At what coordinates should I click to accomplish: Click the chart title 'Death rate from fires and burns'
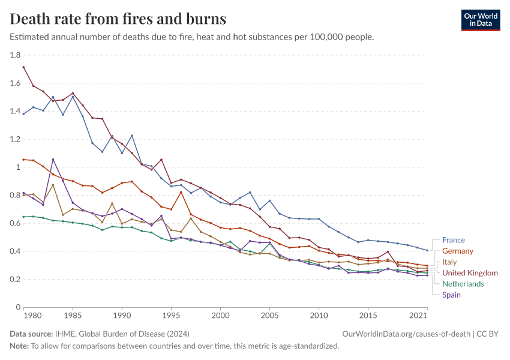point(118,19)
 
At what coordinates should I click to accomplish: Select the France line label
point(453,240)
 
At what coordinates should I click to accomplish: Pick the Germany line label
point(457,251)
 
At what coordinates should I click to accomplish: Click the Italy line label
point(450,262)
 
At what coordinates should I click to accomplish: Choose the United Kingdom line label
point(470,273)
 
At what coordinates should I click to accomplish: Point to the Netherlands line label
point(462,284)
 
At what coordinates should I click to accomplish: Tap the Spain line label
point(451,295)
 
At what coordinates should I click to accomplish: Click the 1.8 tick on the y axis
point(16,55)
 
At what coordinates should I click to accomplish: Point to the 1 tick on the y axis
point(19,167)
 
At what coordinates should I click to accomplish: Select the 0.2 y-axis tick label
point(16,280)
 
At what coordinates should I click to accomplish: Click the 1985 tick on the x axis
point(73,315)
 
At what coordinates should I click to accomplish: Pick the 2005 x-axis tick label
point(269,315)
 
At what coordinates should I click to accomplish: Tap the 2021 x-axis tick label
point(417,315)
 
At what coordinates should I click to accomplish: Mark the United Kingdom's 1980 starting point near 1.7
point(23,67)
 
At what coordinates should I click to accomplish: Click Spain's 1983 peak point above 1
point(53,159)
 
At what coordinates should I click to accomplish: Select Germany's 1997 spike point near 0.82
point(181,192)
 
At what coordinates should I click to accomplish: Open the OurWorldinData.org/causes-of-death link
point(406,334)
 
